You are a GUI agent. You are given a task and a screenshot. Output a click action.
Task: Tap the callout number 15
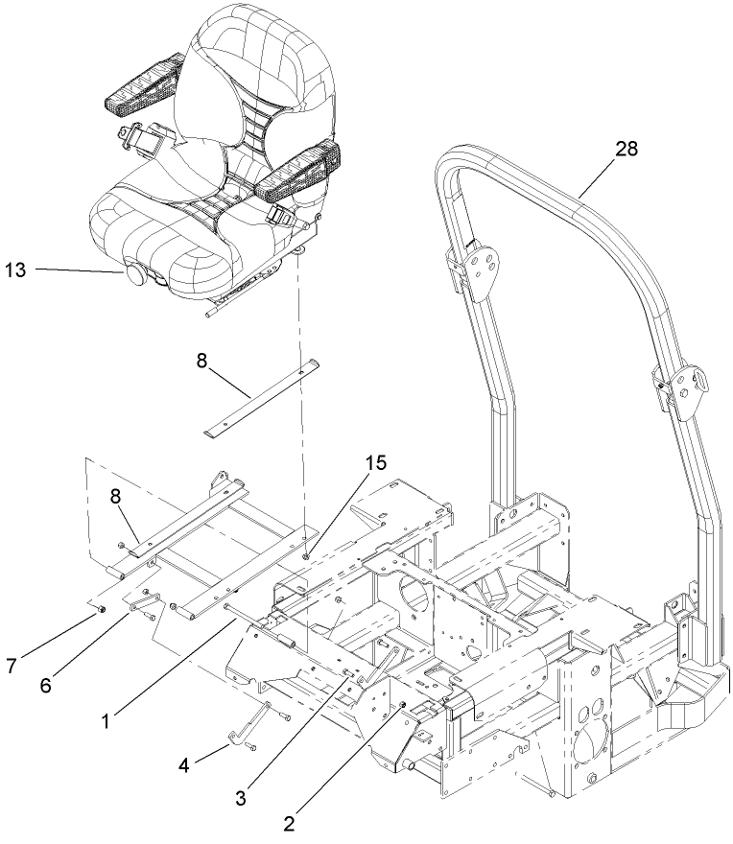click(x=375, y=463)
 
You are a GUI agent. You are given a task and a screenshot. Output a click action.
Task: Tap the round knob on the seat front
click(x=133, y=275)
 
